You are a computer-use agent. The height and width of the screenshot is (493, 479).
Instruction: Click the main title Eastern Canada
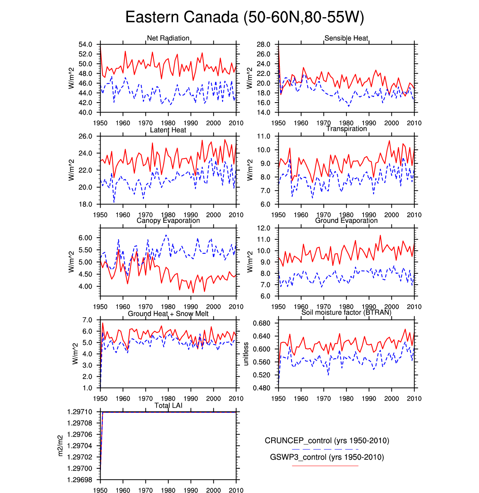pyautogui.click(x=245, y=17)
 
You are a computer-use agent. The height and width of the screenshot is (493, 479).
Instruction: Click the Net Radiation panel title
pyautogui.click(x=168, y=38)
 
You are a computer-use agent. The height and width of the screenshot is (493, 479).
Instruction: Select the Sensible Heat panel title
pyautogui.click(x=346, y=38)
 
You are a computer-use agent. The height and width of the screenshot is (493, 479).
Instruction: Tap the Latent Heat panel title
pyautogui.click(x=168, y=130)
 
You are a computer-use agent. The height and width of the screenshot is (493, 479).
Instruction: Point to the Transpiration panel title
pyautogui.click(x=346, y=129)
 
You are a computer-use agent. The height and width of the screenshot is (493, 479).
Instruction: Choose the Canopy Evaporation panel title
pyautogui.click(x=168, y=220)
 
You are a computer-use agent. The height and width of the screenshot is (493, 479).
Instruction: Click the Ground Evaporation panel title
pyautogui.click(x=346, y=220)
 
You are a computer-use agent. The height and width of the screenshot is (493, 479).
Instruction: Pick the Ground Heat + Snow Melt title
pyautogui.click(x=168, y=314)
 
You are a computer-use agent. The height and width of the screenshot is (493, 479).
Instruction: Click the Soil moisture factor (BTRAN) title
pyautogui.click(x=346, y=312)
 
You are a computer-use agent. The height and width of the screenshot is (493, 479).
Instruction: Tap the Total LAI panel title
pyautogui.click(x=168, y=405)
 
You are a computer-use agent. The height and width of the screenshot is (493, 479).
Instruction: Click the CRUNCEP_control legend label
pyautogui.click(x=327, y=441)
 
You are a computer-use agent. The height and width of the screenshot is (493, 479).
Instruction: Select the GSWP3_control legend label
pyautogui.click(x=327, y=457)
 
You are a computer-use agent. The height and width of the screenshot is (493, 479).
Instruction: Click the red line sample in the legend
pyautogui.click(x=325, y=466)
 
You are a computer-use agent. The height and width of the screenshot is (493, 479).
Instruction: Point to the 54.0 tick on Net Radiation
pyautogui.click(x=85, y=44)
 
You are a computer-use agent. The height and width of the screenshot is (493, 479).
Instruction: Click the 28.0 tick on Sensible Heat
pyautogui.click(x=263, y=44)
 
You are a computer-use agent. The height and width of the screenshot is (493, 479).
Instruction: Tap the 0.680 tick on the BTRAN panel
pyautogui.click(x=261, y=323)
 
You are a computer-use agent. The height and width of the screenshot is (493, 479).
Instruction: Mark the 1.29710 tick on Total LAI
pyautogui.click(x=80, y=412)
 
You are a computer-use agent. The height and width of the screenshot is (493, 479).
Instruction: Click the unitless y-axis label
pyautogui.click(x=246, y=354)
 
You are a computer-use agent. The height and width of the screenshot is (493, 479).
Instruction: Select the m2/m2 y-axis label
pyautogui.click(x=60, y=445)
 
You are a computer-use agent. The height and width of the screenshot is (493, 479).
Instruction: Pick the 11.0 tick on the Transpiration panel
pyautogui.click(x=263, y=136)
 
